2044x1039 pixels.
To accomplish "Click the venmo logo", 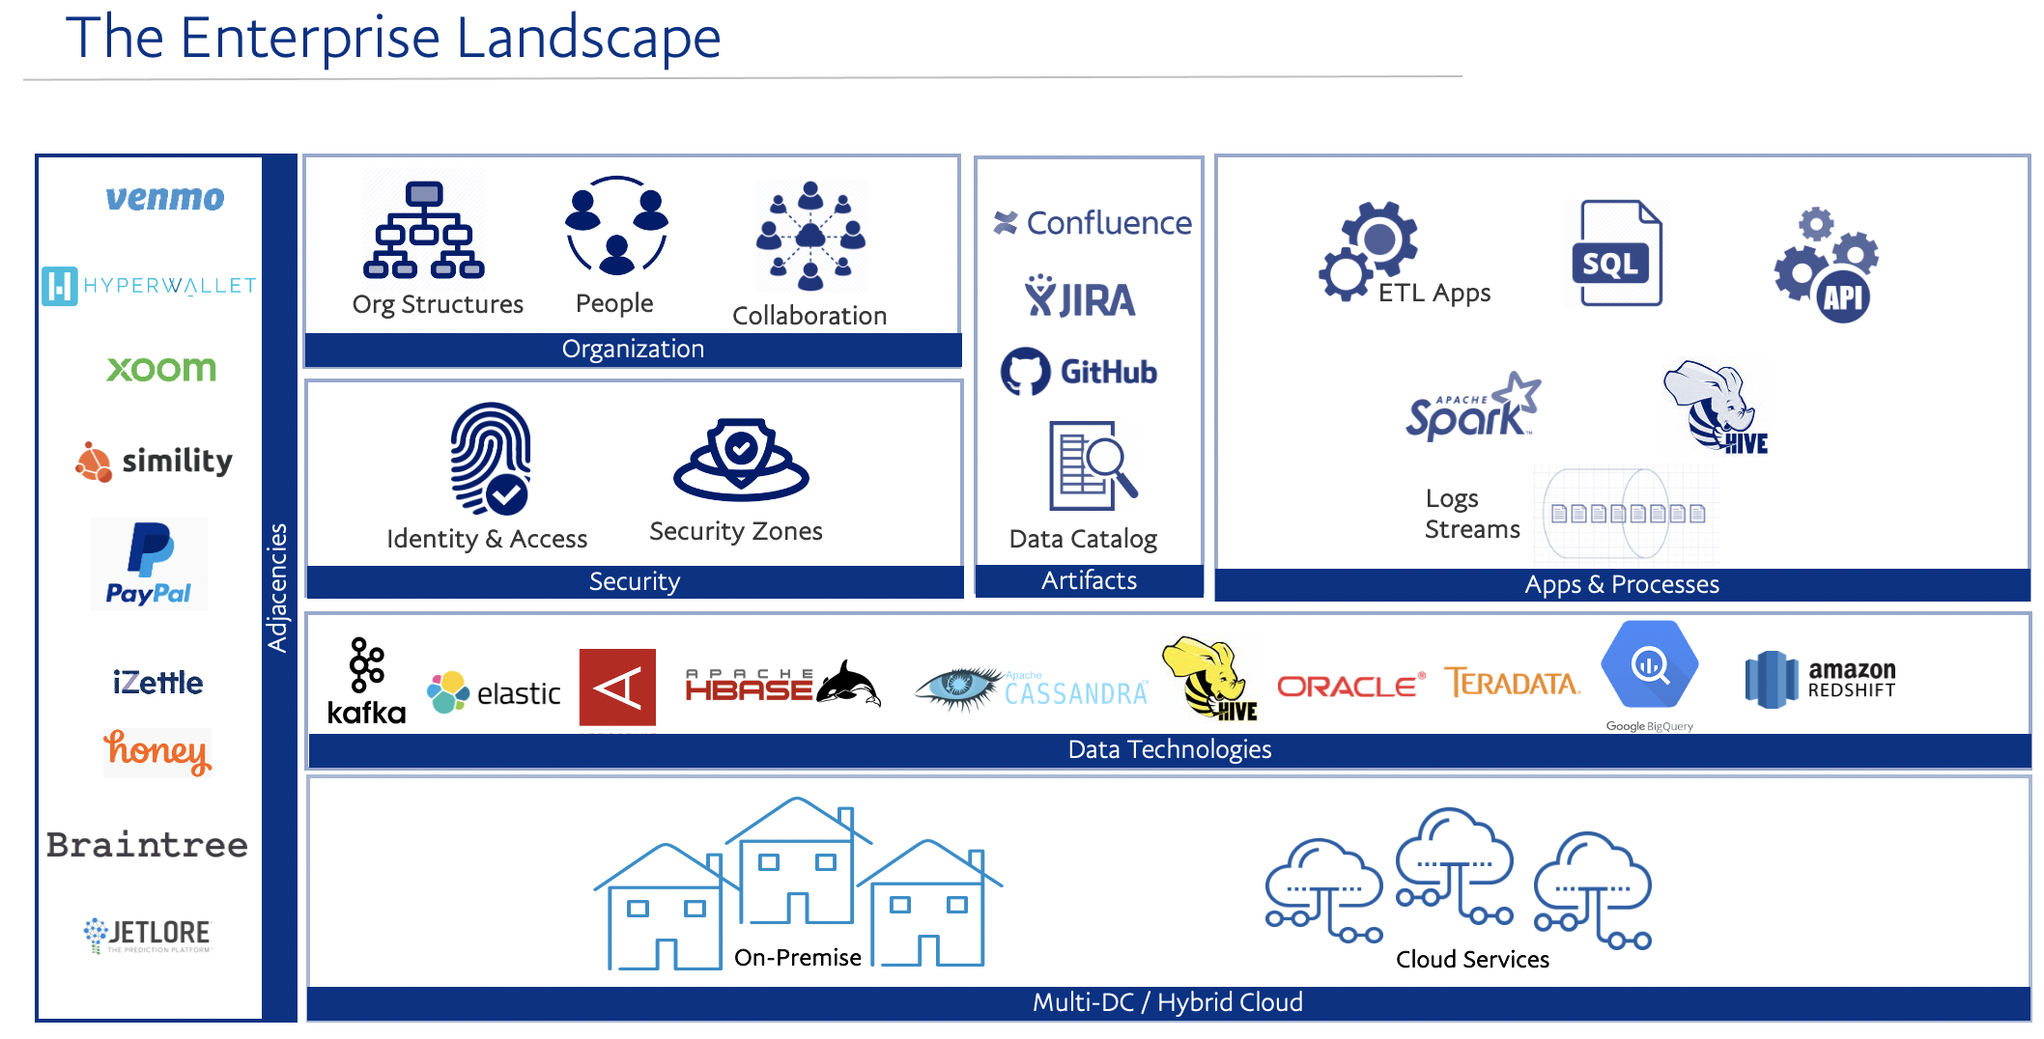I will click(x=164, y=198).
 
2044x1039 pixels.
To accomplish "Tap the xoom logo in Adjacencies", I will click(x=161, y=368).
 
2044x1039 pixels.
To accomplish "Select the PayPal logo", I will click(x=149, y=564).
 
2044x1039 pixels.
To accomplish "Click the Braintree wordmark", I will click(x=147, y=845).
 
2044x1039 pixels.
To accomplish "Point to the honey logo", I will click(x=157, y=751).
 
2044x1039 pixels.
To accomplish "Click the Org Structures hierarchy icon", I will click(x=423, y=231).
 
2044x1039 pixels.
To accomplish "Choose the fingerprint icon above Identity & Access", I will click(x=491, y=458).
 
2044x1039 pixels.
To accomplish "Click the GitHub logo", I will click(x=1079, y=372).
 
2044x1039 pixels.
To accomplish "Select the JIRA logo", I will click(x=1080, y=297).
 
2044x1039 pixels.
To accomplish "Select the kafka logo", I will click(x=366, y=681).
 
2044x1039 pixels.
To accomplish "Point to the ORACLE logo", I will click(x=1350, y=686).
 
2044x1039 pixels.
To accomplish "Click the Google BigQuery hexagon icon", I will click(x=1649, y=665).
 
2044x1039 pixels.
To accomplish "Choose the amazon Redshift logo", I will click(x=1820, y=679).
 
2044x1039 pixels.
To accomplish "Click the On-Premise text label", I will click(x=797, y=957).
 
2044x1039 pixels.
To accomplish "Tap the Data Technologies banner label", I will click(x=1169, y=749).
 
